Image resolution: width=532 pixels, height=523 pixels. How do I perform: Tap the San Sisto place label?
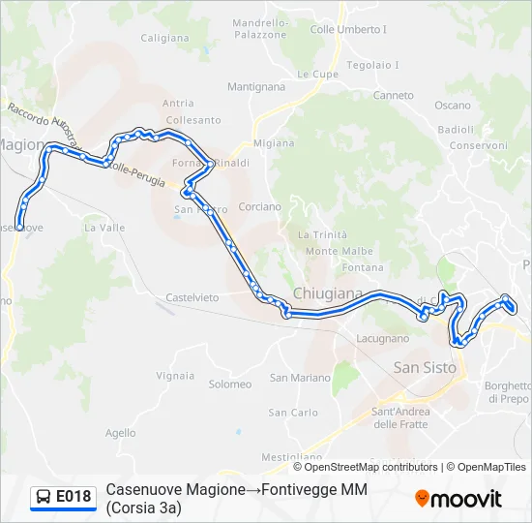pos(426,367)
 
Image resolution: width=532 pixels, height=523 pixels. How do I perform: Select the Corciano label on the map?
pos(259,207)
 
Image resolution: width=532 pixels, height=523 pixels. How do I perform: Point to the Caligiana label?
pos(165,39)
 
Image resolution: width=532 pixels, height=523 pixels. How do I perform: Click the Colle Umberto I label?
pos(348,30)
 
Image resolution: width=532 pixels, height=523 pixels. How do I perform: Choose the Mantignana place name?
pos(256,87)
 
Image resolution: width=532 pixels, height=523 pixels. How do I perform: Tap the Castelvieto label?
pos(192,297)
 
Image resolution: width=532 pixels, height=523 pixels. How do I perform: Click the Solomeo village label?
pos(229,385)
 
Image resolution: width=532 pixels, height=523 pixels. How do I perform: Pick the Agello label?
pos(121,433)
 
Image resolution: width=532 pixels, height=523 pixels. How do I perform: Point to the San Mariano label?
pos(300,378)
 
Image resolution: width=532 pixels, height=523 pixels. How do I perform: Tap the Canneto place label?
pos(394,96)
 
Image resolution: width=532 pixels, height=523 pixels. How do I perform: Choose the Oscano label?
pos(453,106)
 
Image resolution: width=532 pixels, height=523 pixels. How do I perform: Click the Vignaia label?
pos(175,375)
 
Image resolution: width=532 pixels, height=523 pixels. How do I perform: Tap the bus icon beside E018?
pos(44,497)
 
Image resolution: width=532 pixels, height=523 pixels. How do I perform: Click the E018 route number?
pos(74,497)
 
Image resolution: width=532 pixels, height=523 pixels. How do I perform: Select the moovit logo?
pos(458,499)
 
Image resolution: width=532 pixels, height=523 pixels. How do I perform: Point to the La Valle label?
pos(104,229)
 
